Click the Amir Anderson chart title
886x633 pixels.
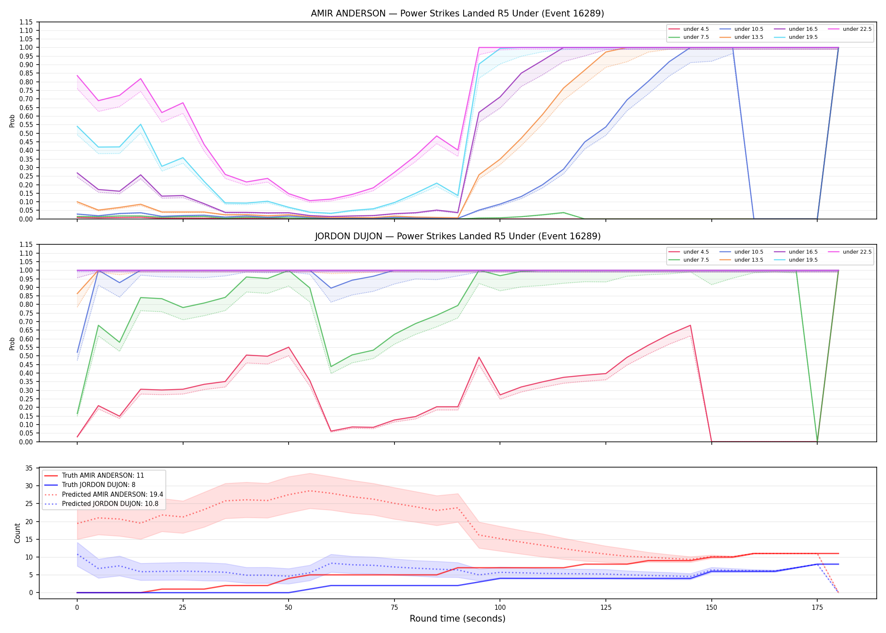click(457, 14)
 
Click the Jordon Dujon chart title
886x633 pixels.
click(457, 236)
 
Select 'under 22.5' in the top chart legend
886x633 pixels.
click(857, 29)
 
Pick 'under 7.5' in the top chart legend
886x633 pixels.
click(696, 37)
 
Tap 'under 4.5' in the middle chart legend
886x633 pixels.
click(696, 252)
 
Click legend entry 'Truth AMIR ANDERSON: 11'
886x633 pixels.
click(103, 476)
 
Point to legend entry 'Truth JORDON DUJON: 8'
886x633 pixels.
click(99, 485)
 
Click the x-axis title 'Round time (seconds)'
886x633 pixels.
click(457, 619)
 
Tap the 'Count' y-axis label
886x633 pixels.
click(17, 533)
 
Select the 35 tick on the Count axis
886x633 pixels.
click(29, 468)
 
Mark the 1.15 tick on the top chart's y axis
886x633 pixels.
click(26, 22)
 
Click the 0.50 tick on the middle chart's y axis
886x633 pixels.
click(26, 356)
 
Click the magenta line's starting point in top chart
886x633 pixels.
click(77, 76)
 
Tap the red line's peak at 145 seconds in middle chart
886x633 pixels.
click(690, 325)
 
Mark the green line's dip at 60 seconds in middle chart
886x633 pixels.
click(331, 366)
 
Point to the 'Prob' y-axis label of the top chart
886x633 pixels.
click(12, 121)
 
